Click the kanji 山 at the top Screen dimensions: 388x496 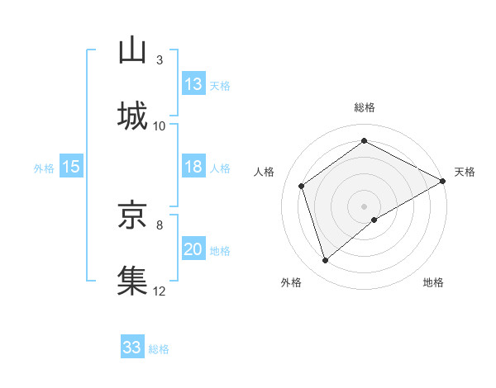click(132, 50)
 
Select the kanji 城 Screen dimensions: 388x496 click(132, 116)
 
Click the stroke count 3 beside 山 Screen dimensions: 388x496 click(160, 60)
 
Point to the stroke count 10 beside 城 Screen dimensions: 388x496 click(160, 125)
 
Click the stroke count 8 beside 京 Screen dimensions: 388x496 click(160, 224)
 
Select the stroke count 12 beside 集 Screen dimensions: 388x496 click(160, 290)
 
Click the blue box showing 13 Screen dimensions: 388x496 click(193, 84)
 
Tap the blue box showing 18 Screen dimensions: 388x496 click(193, 168)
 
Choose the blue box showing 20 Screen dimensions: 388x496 click(193, 249)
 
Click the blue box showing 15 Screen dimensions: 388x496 click(71, 168)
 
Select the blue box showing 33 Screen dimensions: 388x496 click(132, 348)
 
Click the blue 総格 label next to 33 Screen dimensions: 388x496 click(159, 349)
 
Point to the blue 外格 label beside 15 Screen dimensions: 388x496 click(44, 168)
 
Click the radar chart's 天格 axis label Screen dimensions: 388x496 click(465, 172)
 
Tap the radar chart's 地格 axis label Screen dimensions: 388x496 click(433, 283)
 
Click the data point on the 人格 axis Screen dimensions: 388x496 click(302, 186)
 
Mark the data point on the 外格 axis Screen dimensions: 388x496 click(326, 261)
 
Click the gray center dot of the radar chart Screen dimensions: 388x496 click(365, 206)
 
